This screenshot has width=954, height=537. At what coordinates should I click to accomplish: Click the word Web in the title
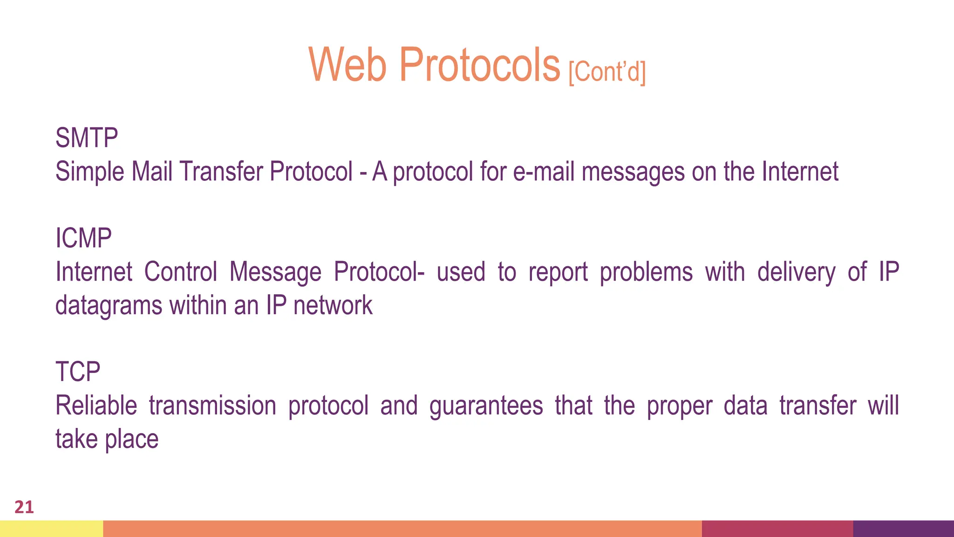pyautogui.click(x=348, y=65)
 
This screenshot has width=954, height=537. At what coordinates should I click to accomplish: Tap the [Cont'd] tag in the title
pyautogui.click(x=607, y=72)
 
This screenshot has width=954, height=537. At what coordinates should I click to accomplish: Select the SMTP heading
pyautogui.click(x=87, y=138)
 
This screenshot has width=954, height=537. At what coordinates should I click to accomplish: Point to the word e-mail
pyautogui.click(x=544, y=172)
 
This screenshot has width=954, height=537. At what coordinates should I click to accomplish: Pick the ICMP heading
pyautogui.click(x=83, y=238)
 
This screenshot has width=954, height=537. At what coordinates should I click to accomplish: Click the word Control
pyautogui.click(x=181, y=272)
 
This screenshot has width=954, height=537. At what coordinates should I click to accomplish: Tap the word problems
pyautogui.click(x=646, y=272)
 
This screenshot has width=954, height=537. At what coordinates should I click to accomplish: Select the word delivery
pyautogui.click(x=796, y=272)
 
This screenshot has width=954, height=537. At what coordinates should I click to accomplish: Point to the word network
pyautogui.click(x=333, y=306)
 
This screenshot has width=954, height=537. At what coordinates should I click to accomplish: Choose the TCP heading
pyautogui.click(x=78, y=372)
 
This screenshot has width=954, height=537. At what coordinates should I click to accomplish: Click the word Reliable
pyautogui.click(x=96, y=406)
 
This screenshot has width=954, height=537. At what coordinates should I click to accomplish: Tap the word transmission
pyautogui.click(x=212, y=406)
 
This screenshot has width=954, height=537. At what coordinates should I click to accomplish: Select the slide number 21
pyautogui.click(x=24, y=507)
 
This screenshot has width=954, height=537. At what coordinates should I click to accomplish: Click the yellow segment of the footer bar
pyautogui.click(x=51, y=529)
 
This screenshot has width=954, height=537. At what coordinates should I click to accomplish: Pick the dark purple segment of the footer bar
pyautogui.click(x=903, y=529)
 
